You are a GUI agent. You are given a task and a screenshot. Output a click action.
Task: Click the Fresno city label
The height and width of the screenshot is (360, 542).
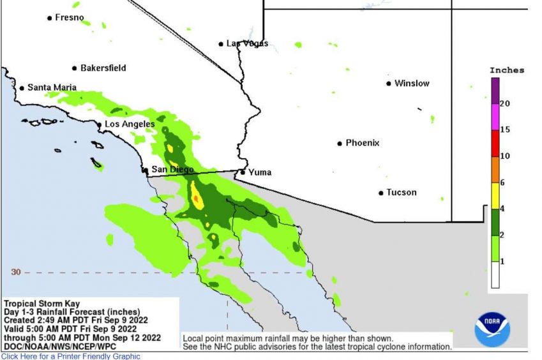coord(69,17)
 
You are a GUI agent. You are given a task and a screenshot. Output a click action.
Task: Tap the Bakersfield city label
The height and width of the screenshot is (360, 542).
coord(103,68)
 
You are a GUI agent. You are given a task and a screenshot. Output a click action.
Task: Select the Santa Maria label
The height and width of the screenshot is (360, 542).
coord(52,87)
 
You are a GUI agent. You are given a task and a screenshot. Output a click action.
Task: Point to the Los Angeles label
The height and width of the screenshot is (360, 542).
coord(130,124)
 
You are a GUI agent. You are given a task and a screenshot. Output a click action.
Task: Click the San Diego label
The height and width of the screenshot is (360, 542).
coord(172,169)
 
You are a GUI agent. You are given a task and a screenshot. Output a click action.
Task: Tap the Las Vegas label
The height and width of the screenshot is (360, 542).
coord(247,43)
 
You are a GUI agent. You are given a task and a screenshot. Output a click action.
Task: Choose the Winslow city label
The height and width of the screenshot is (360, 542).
coord(412,83)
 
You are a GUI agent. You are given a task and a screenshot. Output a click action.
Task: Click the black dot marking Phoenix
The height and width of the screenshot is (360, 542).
coord(340,143)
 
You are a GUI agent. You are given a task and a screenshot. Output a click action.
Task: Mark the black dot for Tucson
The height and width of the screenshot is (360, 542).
coord(381,192)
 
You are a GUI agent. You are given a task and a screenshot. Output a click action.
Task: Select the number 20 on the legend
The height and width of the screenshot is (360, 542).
coord(504,103)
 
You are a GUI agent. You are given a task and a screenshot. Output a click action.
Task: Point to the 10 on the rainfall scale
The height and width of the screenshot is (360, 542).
coord(504,156)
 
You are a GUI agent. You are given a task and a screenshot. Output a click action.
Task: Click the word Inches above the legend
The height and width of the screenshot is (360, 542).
coord(506,70)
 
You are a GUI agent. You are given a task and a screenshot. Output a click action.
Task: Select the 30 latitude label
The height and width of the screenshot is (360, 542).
coord(16,272)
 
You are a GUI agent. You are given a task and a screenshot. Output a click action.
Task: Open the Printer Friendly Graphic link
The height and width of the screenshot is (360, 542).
coord(71,356)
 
